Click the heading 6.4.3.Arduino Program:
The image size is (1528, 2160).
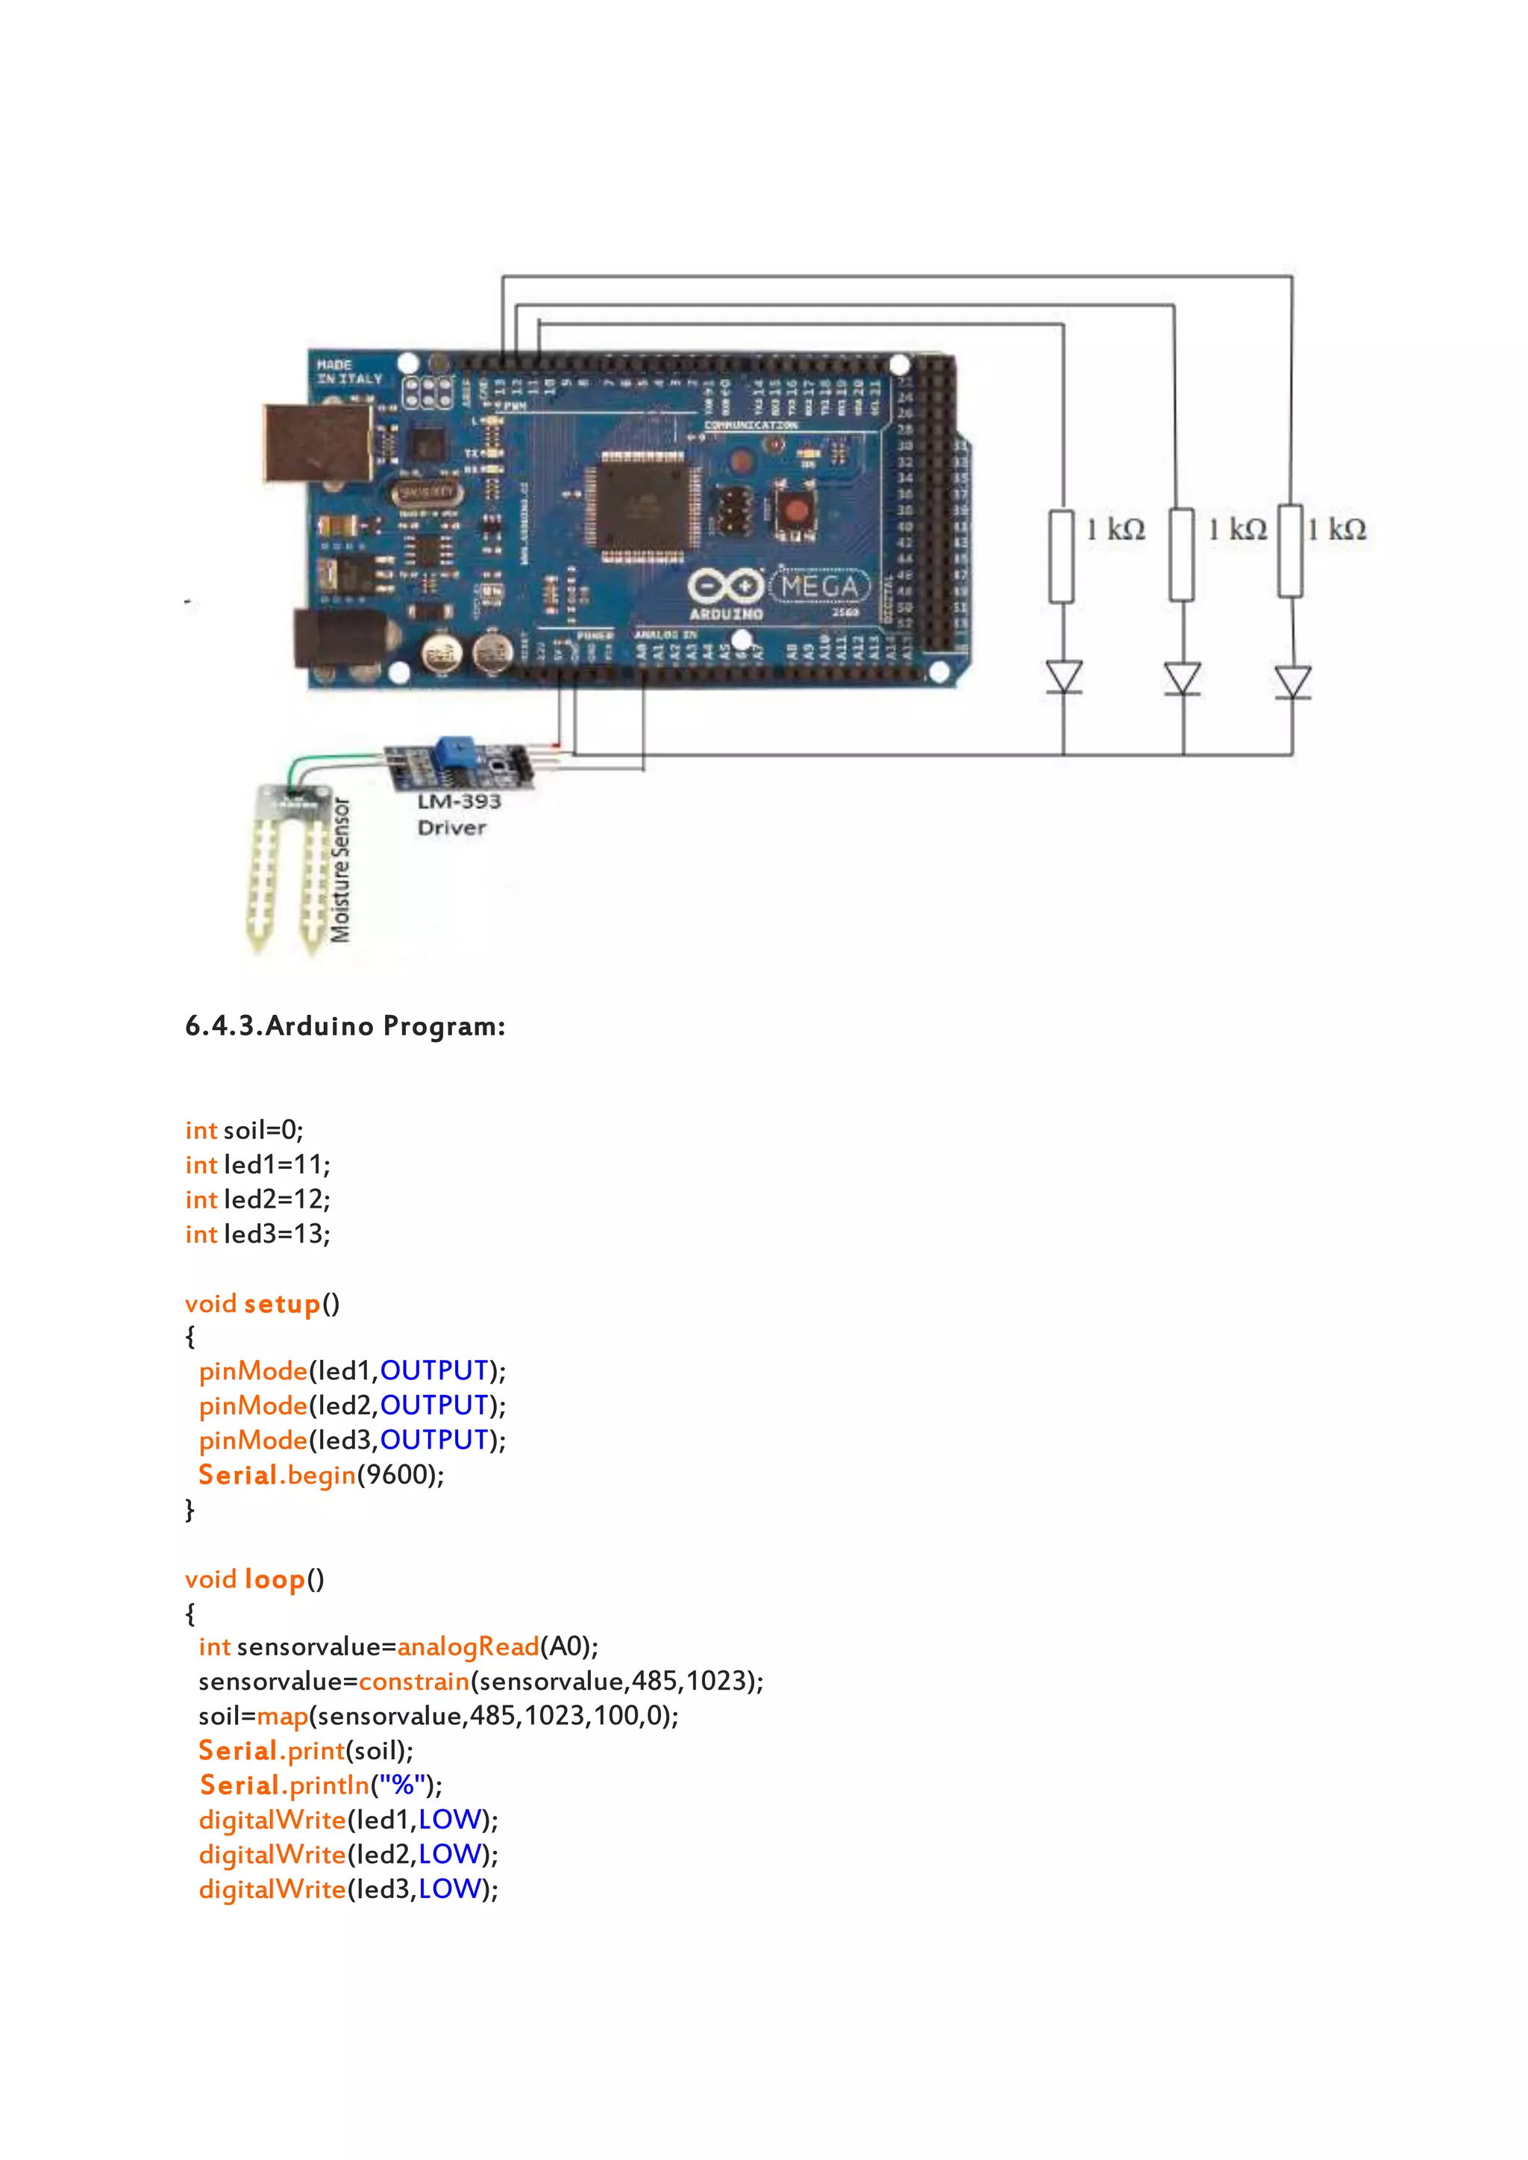pyautogui.click(x=345, y=1026)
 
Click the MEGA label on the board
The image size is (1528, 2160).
pyautogui.click(x=819, y=587)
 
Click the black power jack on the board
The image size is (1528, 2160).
pyautogui.click(x=342, y=637)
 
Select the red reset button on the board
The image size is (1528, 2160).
pyautogui.click(x=796, y=511)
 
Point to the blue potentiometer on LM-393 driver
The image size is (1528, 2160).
pyautogui.click(x=454, y=751)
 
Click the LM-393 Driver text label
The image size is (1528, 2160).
pyautogui.click(x=458, y=814)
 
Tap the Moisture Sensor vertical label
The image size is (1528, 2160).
pyautogui.click(x=341, y=870)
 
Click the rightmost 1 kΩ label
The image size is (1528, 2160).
pyautogui.click(x=1337, y=530)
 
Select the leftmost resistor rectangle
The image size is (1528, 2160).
pyautogui.click(x=1062, y=556)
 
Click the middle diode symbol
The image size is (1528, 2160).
pyautogui.click(x=1182, y=678)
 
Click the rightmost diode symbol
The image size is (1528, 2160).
pyautogui.click(x=1293, y=681)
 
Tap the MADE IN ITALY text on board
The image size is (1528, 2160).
pyautogui.click(x=349, y=371)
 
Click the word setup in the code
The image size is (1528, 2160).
pyautogui.click(x=282, y=1305)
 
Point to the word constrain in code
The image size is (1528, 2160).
pyautogui.click(x=414, y=1682)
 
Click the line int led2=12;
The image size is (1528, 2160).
pyautogui.click(x=258, y=1199)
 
